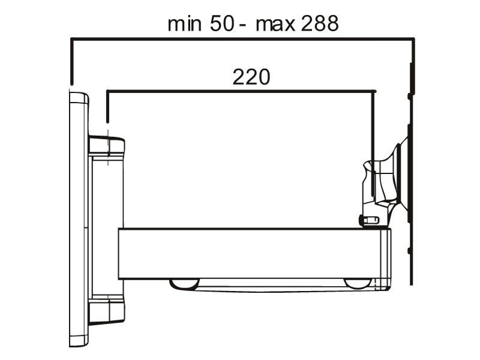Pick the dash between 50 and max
[242, 26]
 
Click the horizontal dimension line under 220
[240, 91]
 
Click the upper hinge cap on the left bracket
[107, 146]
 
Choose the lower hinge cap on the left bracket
[107, 311]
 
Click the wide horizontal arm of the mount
[252, 253]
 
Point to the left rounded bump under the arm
[184, 283]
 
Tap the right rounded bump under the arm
[358, 283]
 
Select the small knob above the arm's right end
[368, 221]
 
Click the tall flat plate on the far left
[78, 219]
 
